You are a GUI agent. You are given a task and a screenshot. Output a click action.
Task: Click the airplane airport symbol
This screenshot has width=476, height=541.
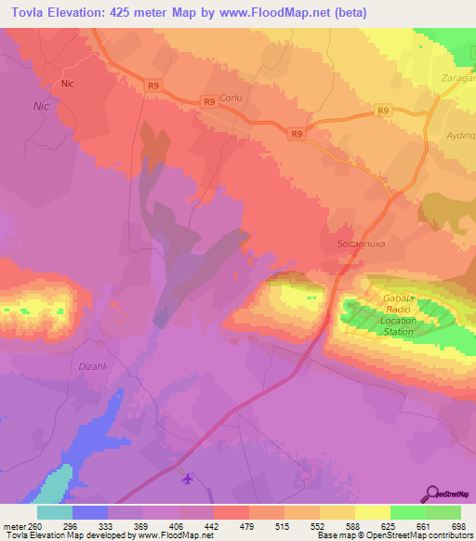tap(190, 480)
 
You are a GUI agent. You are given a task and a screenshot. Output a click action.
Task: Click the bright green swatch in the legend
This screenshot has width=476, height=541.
tap(407, 511)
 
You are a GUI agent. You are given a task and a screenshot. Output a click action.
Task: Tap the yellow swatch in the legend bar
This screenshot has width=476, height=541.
tap(372, 511)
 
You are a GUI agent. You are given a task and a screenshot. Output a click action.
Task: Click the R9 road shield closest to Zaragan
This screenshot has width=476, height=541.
tap(383, 111)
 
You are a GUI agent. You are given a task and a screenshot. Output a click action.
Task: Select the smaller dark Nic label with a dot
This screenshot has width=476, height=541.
tap(66, 84)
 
